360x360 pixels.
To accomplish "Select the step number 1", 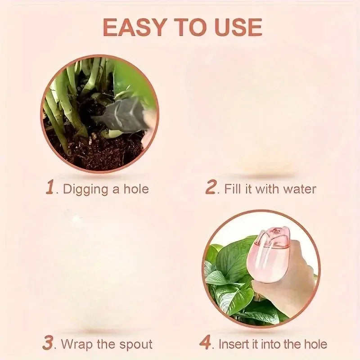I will [x=51, y=188].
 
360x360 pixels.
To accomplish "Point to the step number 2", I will [x=211, y=188].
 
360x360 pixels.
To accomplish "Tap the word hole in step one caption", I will [x=135, y=189].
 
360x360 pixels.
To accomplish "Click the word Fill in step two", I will [x=233, y=189].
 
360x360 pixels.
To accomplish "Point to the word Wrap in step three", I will [x=76, y=345].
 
